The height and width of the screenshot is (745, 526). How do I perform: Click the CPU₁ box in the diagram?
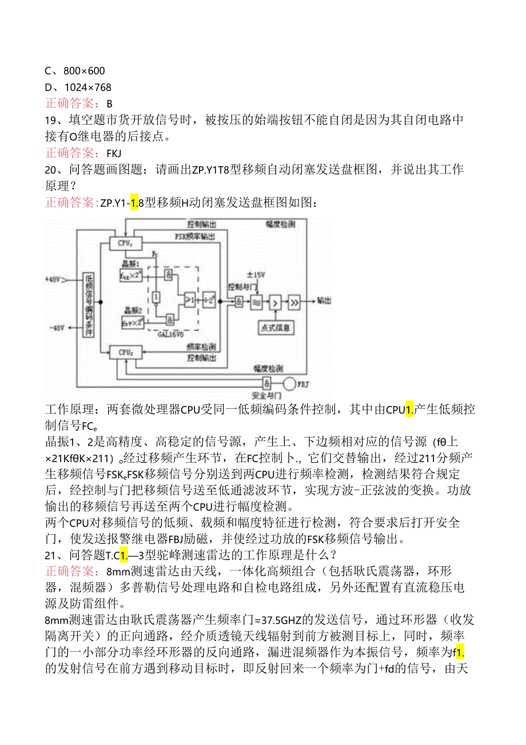[x=125, y=243]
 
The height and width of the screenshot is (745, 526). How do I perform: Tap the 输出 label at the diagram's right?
[x=323, y=300]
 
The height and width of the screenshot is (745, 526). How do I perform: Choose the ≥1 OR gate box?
[x=188, y=299]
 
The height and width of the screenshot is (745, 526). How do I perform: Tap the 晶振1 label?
[x=130, y=263]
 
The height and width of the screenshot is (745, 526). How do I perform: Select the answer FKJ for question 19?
[x=114, y=153]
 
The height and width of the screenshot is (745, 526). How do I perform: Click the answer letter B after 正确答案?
[x=110, y=104]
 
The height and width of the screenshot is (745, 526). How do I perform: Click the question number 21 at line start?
[x=51, y=555]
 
